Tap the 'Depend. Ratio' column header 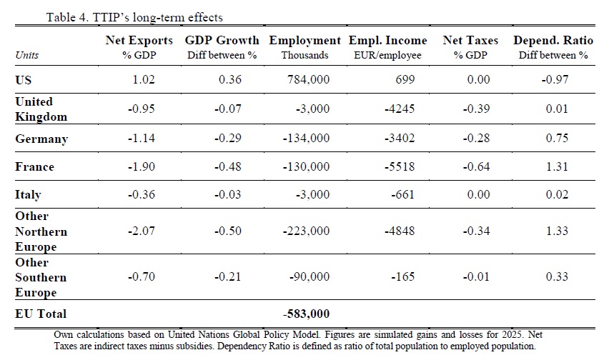click(553, 41)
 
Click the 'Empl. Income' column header click(387, 41)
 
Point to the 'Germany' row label click(41, 139)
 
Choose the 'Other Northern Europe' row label click(41, 231)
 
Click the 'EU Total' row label click(41, 314)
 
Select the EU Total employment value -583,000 click(307, 314)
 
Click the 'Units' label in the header click(26, 55)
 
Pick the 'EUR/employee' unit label click(387, 55)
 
